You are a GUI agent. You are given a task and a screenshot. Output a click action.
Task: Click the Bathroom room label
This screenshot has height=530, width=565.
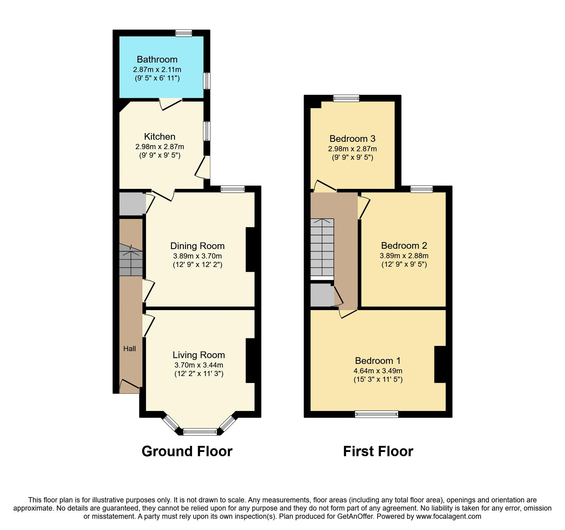pos(157,59)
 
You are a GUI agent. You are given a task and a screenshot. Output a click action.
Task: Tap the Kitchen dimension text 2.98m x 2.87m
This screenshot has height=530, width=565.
pos(159,147)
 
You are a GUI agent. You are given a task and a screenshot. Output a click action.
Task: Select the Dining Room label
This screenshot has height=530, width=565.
pos(197,246)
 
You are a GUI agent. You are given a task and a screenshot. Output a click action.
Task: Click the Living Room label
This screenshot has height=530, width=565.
pos(199,355)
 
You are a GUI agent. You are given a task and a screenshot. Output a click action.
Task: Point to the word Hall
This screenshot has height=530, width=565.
pos(129,349)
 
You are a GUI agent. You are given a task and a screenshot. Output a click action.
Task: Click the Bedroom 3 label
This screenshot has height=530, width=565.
pos(352,139)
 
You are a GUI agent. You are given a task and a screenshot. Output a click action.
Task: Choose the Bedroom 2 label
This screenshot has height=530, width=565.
pos(404,245)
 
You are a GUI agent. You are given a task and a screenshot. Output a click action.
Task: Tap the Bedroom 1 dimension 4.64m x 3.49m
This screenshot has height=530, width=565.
pos(378,371)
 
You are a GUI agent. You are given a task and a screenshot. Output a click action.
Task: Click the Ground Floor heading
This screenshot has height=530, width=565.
pos(187,451)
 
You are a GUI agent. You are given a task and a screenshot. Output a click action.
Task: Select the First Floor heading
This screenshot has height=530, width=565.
pos(378,451)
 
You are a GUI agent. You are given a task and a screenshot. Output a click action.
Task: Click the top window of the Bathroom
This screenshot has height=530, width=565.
pos(184,33)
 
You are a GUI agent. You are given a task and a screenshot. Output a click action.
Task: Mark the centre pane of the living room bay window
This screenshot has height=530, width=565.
pos(200,432)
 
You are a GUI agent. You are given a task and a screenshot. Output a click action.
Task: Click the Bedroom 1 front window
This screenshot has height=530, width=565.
pos(376,414)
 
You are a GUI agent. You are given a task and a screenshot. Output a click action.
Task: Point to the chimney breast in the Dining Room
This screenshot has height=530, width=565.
pos(251,249)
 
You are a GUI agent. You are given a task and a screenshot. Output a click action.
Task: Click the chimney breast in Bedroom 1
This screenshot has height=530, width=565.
pos(440,364)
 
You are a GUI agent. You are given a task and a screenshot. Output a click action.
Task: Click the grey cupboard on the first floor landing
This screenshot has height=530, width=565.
pos(321,295)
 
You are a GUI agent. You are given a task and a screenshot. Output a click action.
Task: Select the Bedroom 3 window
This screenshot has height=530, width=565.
pos(346,98)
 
